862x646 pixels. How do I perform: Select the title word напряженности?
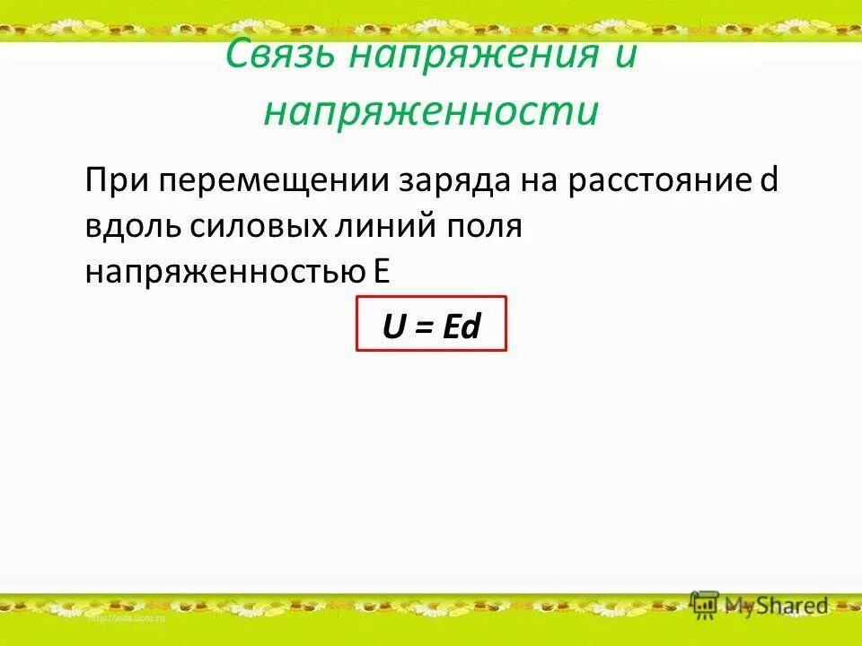431,112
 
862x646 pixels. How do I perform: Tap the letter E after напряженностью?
382,271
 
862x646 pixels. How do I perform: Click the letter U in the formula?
393,327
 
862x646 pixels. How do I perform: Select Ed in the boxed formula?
461,327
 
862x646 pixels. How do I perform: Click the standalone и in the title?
625,55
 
